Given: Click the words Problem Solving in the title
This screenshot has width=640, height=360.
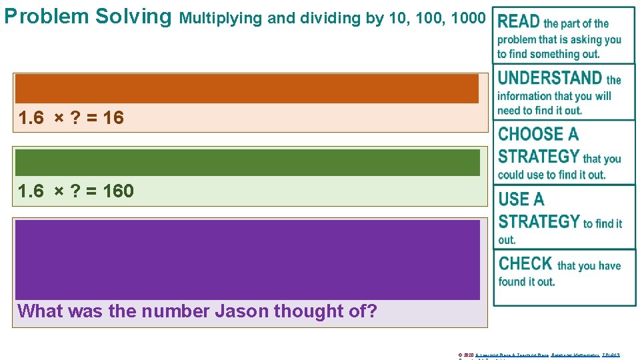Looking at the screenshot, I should tap(87, 16).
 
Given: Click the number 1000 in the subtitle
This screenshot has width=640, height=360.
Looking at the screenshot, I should tap(469, 18).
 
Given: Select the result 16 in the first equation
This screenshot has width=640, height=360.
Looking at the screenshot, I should tap(113, 118).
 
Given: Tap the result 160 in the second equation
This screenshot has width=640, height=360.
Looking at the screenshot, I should tap(119, 191).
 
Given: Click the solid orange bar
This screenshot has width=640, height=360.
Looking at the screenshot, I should tap(247, 88).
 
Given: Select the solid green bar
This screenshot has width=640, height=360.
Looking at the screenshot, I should tap(247, 163).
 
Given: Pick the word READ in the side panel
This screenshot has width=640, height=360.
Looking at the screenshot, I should tap(519, 22).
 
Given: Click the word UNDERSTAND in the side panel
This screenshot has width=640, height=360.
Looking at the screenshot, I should tap(550, 78).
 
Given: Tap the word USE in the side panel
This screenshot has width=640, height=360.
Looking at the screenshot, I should tap(512, 199).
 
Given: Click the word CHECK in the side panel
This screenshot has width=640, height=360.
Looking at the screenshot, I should tap(525, 263).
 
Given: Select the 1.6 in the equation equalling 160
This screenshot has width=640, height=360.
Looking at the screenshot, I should tap(31, 191).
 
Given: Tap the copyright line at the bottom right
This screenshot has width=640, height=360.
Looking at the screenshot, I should tap(539, 355).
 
